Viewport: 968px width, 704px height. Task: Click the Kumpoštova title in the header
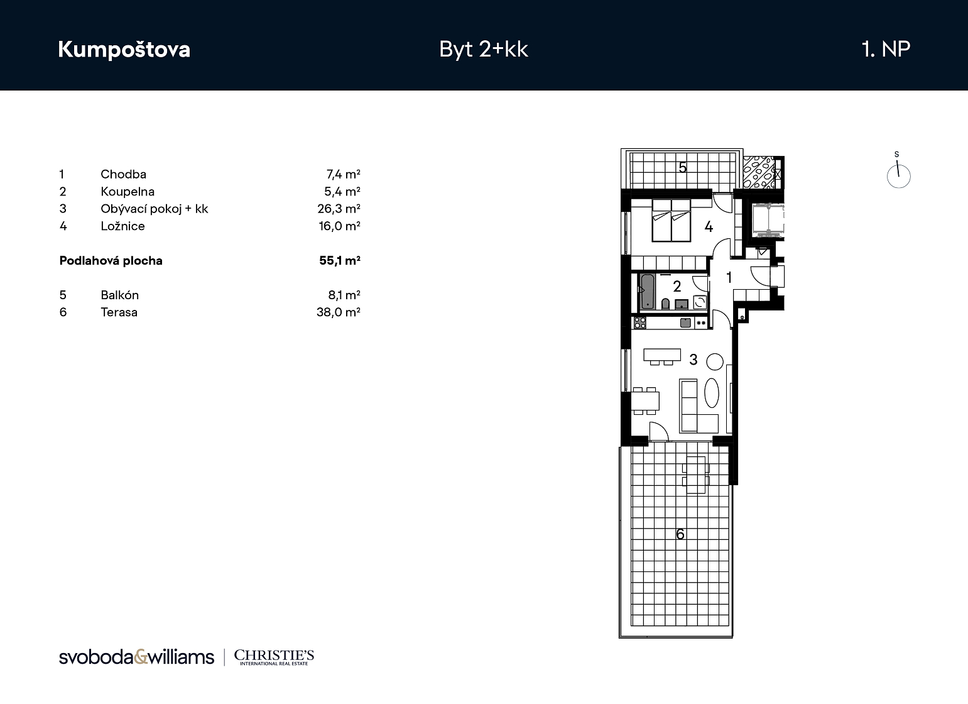(x=124, y=49)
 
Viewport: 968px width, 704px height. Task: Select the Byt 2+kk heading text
(x=484, y=49)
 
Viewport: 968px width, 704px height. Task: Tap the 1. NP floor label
(x=886, y=49)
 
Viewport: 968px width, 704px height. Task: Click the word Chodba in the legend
(x=124, y=174)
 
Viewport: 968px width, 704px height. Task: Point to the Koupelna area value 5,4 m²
(x=342, y=192)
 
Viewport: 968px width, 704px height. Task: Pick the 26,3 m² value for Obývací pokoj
(x=339, y=209)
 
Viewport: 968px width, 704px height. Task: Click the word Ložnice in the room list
(x=122, y=226)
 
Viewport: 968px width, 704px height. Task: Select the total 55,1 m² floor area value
(x=340, y=260)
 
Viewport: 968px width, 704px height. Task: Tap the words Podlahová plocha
(x=111, y=261)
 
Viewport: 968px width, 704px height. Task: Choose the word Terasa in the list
(x=119, y=312)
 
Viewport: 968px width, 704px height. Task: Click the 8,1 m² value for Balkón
(x=344, y=295)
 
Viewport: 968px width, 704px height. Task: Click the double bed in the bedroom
(x=671, y=220)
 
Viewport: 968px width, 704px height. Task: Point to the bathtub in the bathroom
(x=648, y=292)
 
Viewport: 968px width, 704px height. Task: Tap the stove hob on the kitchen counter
(x=640, y=322)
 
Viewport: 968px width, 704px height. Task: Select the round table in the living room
(x=715, y=361)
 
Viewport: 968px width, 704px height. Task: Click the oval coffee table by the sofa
(x=712, y=393)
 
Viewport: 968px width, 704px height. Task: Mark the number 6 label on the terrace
(x=680, y=534)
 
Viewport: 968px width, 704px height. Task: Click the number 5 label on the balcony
(x=682, y=167)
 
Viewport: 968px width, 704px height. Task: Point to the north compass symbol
(x=898, y=172)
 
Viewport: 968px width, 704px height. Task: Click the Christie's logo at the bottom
(x=274, y=657)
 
